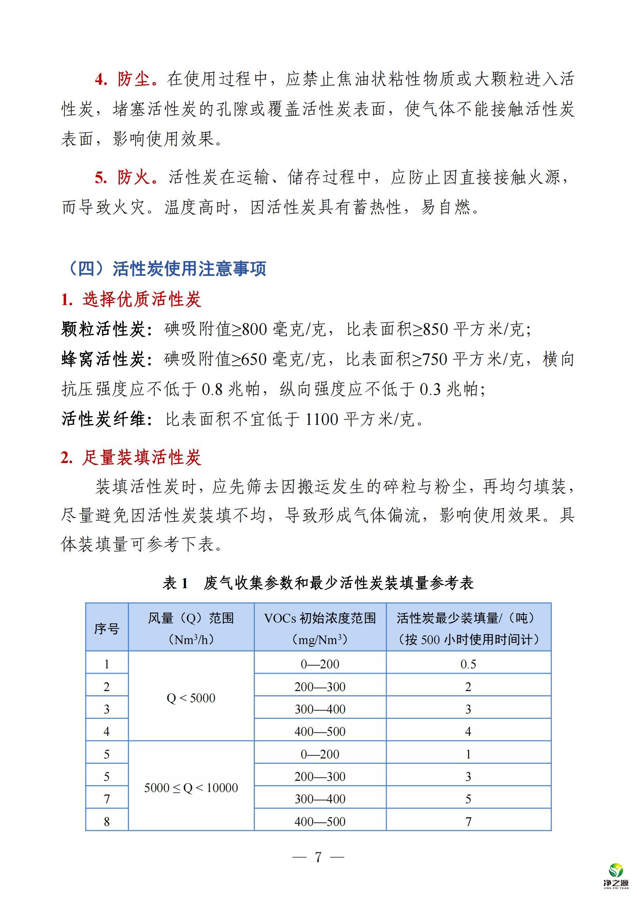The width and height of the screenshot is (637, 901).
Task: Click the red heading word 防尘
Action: click(133, 79)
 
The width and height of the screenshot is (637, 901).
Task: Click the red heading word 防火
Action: click(133, 177)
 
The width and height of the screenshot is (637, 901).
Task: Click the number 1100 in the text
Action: click(321, 419)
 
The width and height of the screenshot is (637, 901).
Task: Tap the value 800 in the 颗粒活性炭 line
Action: click(255, 329)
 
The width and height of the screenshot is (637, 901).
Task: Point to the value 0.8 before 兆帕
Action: click(212, 389)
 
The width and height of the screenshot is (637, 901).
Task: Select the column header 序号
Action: click(107, 628)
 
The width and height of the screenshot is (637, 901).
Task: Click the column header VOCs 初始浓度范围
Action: click(320, 619)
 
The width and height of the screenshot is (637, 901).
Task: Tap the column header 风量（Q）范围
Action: click(191, 619)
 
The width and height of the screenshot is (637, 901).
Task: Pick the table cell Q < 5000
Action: click(191, 698)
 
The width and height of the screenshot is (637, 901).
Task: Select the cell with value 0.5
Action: click(468, 664)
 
